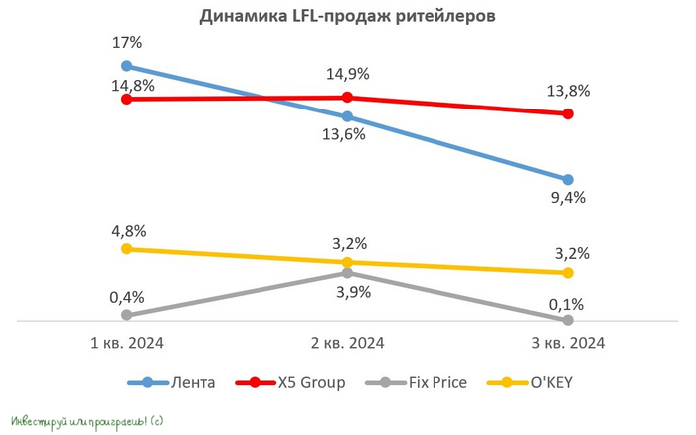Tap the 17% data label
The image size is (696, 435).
click(x=126, y=43)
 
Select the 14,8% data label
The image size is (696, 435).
click(x=130, y=85)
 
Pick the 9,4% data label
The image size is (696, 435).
click(x=568, y=197)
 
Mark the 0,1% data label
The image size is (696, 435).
click(x=568, y=304)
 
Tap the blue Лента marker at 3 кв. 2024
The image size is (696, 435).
click(x=568, y=180)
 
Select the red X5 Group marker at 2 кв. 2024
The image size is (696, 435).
click(x=347, y=97)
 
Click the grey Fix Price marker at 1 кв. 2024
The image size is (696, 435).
click(x=126, y=315)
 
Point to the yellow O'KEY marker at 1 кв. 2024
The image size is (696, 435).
click(x=126, y=248)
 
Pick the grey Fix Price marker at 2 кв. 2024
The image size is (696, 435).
click(x=347, y=272)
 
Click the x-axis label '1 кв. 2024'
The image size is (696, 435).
click(x=126, y=344)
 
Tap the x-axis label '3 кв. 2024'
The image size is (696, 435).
click(x=568, y=344)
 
